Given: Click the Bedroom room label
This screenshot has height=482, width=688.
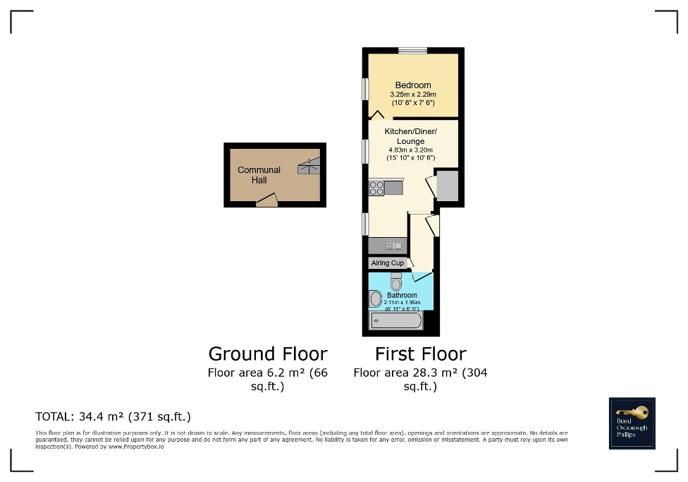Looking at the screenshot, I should pyautogui.click(x=412, y=85).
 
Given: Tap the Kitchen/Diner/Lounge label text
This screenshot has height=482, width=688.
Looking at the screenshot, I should pyautogui.click(x=410, y=136).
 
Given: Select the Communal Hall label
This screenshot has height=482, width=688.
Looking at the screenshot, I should pyautogui.click(x=259, y=174).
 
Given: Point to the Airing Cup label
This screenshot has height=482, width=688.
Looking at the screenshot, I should pyautogui.click(x=388, y=263).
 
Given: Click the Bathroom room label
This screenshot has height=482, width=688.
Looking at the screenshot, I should pyautogui.click(x=402, y=295).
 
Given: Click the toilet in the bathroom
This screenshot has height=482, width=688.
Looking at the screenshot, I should pyautogui.click(x=395, y=282).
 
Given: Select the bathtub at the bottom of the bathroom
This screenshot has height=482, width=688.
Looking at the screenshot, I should pyautogui.click(x=396, y=322).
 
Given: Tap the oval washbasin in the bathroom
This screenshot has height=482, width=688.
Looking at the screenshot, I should pyautogui.click(x=376, y=299).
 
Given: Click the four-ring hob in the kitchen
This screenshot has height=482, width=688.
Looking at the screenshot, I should pyautogui.click(x=376, y=188).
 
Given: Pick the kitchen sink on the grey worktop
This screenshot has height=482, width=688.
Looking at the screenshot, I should pyautogui.click(x=394, y=246).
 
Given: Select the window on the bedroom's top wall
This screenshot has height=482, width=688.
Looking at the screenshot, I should pyautogui.click(x=412, y=50).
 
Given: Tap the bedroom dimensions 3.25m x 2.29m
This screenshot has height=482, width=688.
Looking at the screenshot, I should pyautogui.click(x=412, y=95).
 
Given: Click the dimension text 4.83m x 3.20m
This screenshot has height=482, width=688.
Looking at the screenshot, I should pyautogui.click(x=410, y=150).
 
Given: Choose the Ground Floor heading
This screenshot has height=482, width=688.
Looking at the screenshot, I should pyautogui.click(x=268, y=354).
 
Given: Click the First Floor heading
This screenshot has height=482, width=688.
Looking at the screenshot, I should pyautogui.click(x=420, y=354).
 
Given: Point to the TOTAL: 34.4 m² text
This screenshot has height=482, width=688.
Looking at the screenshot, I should pyautogui.click(x=113, y=416).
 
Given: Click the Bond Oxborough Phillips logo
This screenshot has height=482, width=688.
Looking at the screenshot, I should pyautogui.click(x=632, y=423).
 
